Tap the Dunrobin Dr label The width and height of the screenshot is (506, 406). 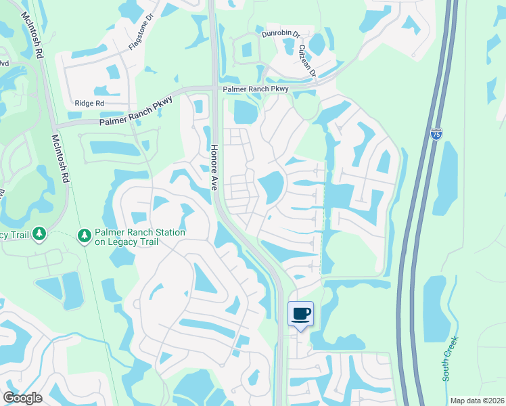click(x=280, y=33)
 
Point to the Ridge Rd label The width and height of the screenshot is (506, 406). click(x=89, y=103)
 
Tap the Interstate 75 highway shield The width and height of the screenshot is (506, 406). click(x=436, y=134)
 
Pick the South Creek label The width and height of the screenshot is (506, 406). click(x=451, y=358)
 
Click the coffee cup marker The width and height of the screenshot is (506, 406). click(x=301, y=313)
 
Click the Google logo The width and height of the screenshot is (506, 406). click(x=22, y=398)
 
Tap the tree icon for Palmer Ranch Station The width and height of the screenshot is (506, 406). click(x=84, y=235)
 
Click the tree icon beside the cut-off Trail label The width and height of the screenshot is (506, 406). click(x=39, y=234)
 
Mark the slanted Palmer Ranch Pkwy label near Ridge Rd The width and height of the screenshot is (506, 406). click(x=136, y=111)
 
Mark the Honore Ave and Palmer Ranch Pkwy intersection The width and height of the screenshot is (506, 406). click(x=214, y=88)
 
